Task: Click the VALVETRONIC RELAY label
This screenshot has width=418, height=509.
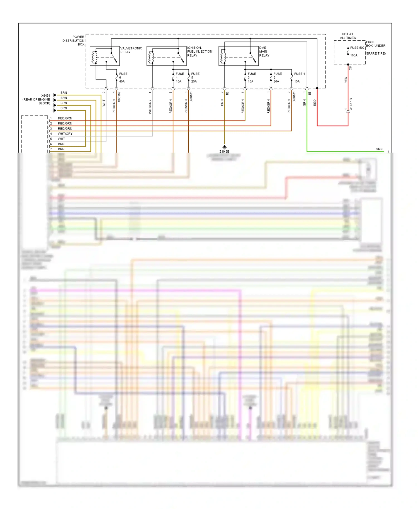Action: click(131, 50)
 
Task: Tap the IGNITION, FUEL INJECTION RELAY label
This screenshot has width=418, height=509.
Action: click(200, 52)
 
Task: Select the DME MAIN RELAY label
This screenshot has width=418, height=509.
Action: click(264, 52)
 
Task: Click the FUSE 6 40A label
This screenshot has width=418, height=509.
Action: click(123, 77)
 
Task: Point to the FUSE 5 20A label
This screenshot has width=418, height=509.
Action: click(195, 77)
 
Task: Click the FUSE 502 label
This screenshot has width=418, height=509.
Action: click(357, 48)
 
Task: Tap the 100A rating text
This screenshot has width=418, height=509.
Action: click(354, 55)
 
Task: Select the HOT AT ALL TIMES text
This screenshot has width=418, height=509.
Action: click(347, 36)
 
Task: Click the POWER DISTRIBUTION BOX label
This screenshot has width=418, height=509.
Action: click(74, 40)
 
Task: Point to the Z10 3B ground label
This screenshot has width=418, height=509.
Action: click(224, 151)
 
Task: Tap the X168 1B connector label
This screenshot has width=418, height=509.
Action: click(351, 104)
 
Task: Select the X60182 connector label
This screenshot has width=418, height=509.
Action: click(119, 97)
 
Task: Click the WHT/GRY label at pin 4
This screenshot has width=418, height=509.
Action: click(65, 134)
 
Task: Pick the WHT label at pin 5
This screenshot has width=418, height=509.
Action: click(61, 139)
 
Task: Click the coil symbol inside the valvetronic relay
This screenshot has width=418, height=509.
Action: click(94, 57)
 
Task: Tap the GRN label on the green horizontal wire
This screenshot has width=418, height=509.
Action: click(379, 149)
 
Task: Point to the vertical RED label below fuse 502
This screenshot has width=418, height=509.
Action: click(346, 80)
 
